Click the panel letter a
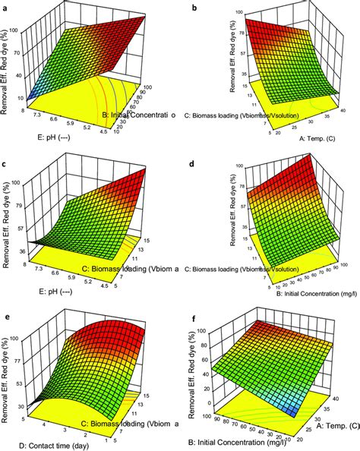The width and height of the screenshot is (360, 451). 6,6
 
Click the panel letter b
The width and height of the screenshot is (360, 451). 195,6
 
